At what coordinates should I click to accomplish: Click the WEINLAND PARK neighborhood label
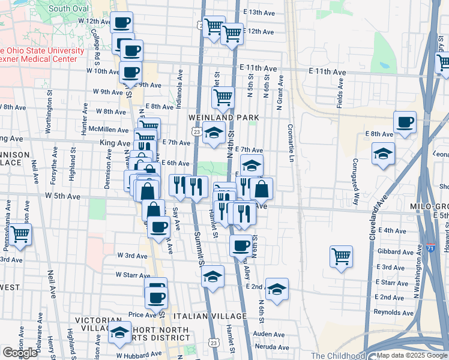(223, 117)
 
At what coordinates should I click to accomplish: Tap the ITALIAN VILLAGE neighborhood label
(209, 316)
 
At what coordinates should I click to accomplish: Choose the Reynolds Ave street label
(393, 313)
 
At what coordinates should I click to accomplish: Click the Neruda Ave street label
(268, 347)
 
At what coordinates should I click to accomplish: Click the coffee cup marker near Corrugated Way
(405, 122)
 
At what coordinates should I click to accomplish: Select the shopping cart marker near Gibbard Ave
(341, 256)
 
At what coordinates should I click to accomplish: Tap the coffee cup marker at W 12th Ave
(122, 23)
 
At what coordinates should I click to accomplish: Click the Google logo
(19, 353)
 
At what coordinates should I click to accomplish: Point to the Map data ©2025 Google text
(412, 355)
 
